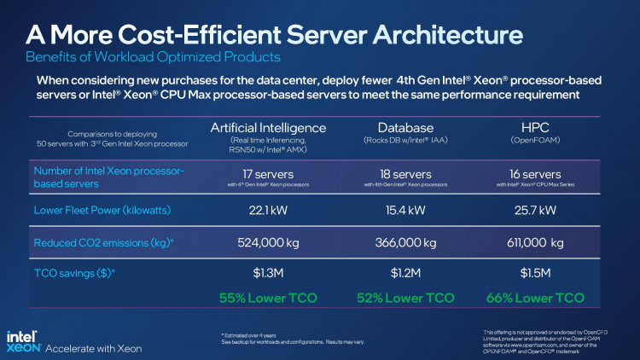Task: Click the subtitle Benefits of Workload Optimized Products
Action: [153, 58]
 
